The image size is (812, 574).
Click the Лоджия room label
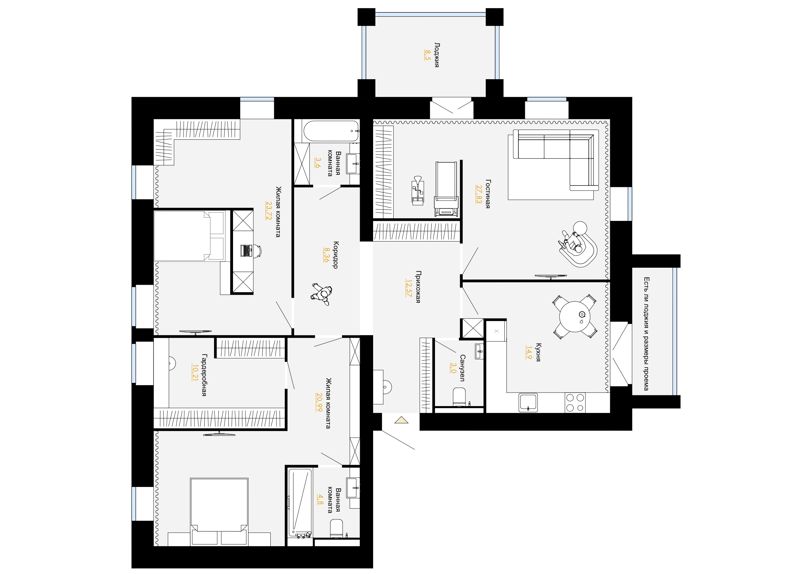[437, 55]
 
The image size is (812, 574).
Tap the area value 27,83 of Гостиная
[479, 194]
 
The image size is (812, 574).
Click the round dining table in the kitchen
[575, 316]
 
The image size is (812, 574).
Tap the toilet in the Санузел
[460, 397]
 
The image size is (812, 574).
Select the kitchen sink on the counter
[528, 403]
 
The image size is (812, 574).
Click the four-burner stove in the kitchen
[575, 403]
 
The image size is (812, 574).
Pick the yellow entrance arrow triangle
[401, 420]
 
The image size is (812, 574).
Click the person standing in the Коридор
[322, 294]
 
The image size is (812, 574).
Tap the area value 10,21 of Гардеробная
[195, 372]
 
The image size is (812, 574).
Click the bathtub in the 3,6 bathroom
[331, 131]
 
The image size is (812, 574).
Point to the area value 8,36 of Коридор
[327, 255]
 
